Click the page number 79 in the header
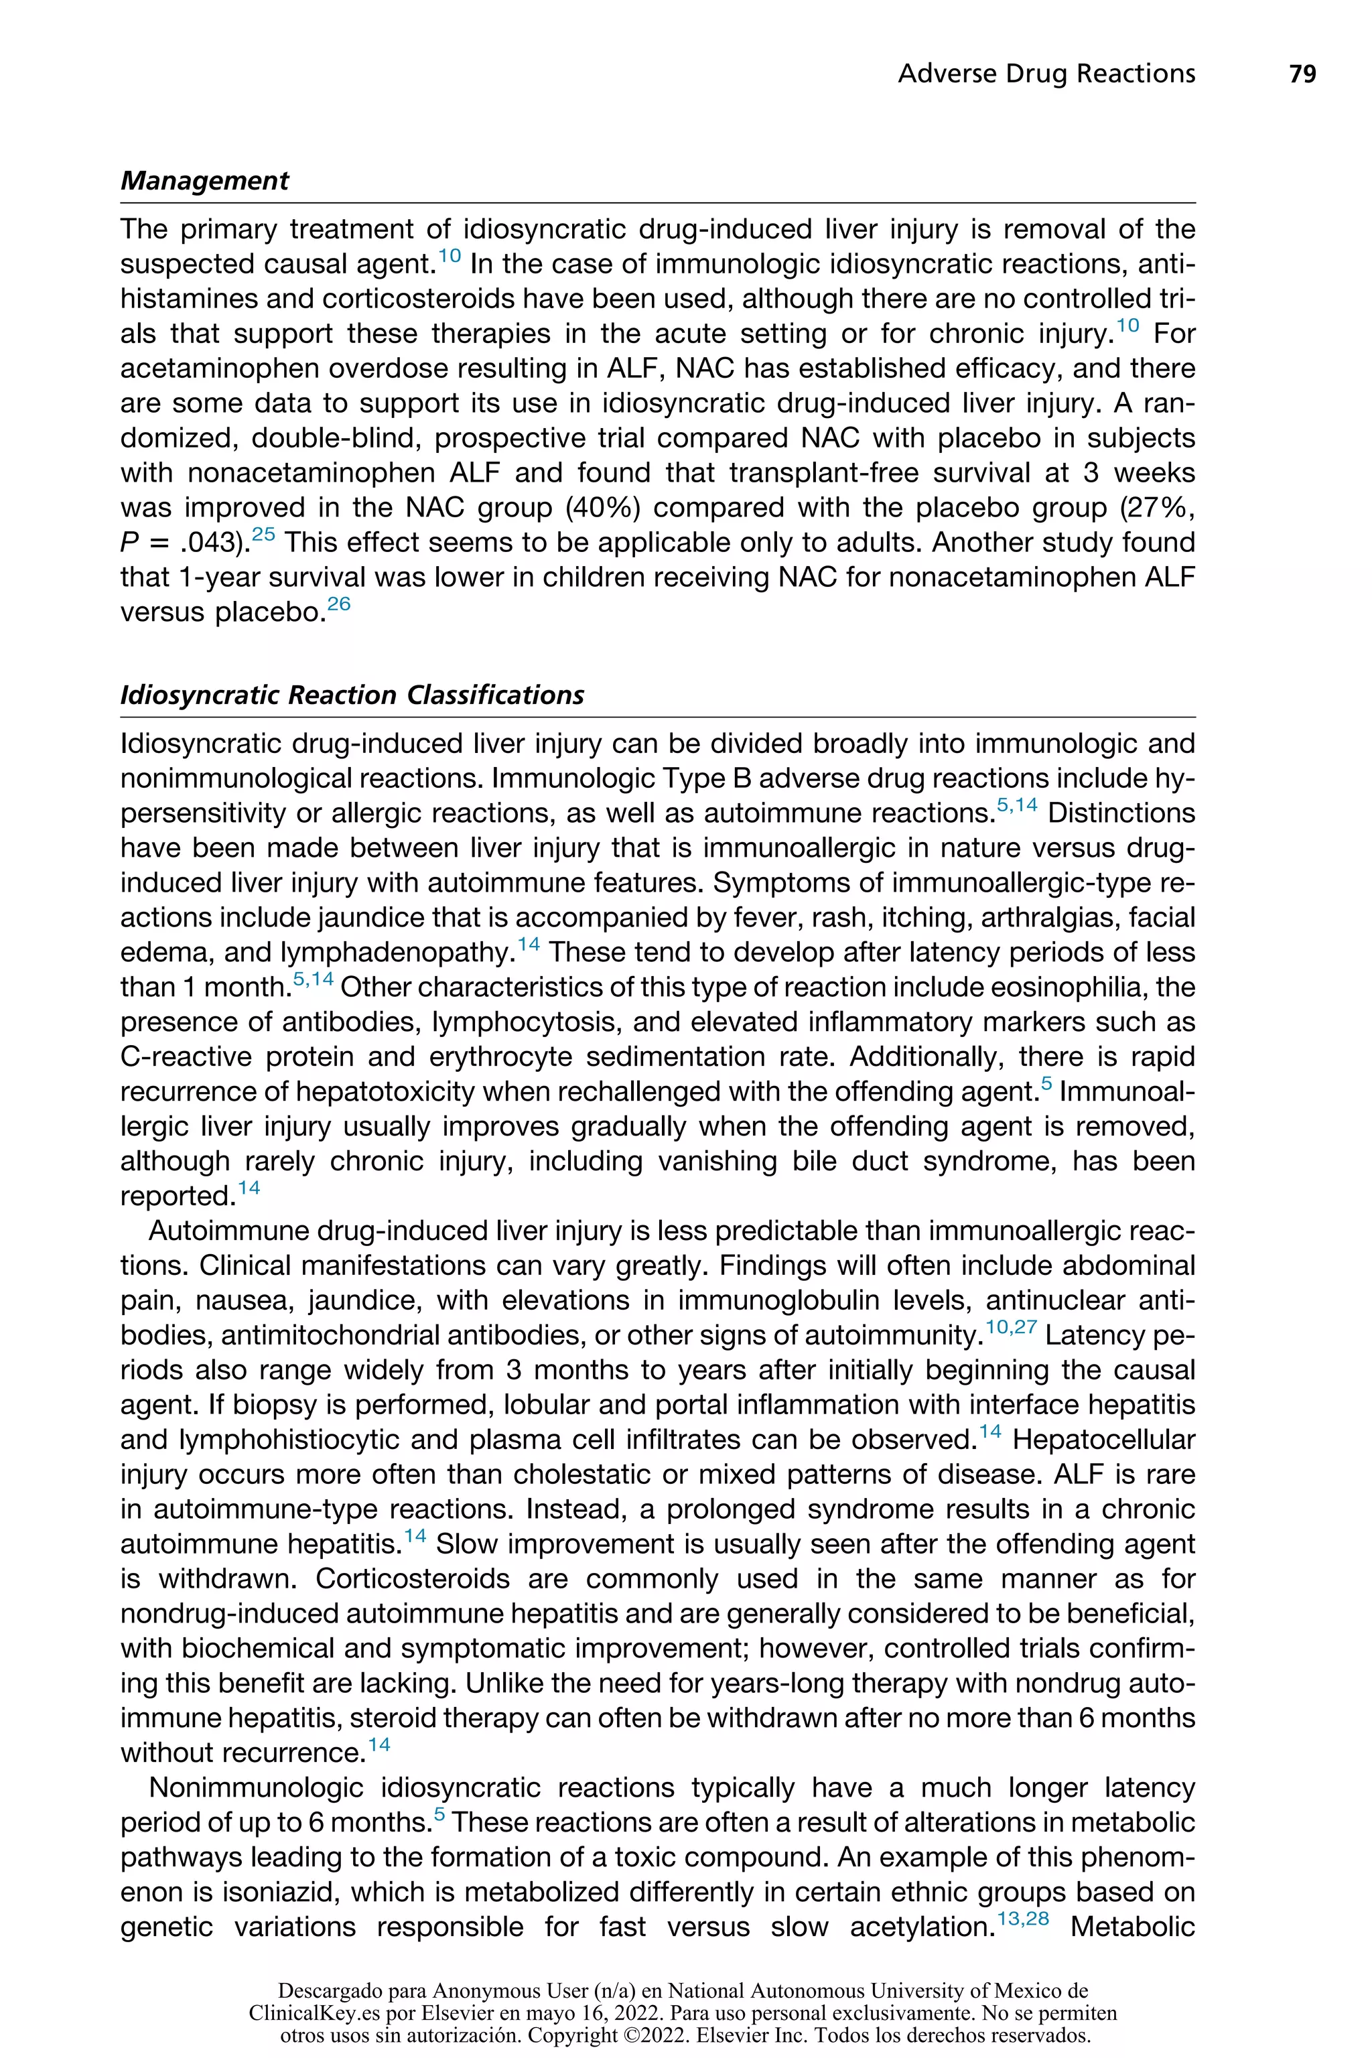1302,74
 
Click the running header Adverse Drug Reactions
1046,74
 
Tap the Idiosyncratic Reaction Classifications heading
352,695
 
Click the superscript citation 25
263,535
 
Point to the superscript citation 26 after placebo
338,604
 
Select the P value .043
210,543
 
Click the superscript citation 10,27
1011,1327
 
